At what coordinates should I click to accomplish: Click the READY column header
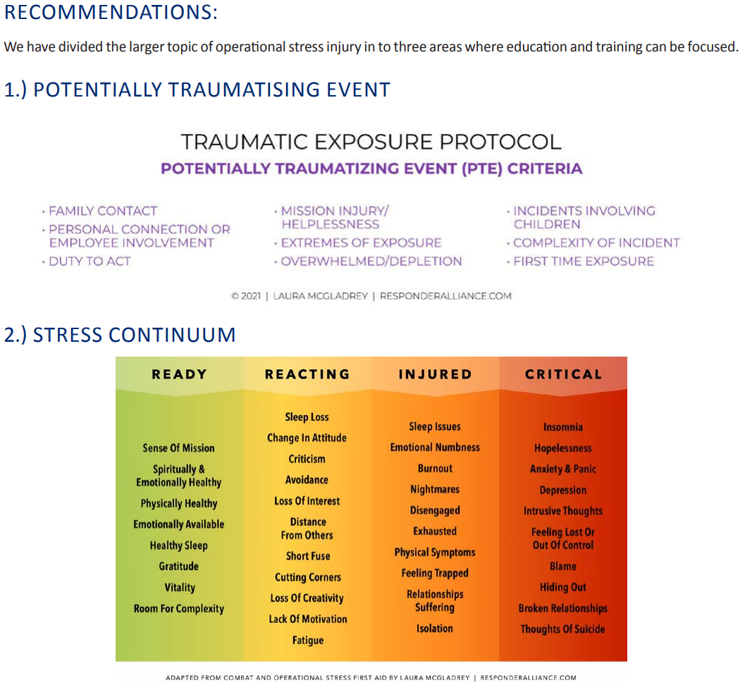tap(179, 374)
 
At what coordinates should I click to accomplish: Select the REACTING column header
tap(307, 374)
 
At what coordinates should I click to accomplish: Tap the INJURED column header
tap(435, 374)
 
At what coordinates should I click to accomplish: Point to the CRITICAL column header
tap(563, 374)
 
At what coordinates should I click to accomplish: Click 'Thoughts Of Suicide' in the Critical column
tap(562, 629)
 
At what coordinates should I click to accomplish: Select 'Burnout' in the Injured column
tap(435, 469)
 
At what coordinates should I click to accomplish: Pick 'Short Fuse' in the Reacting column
tap(308, 556)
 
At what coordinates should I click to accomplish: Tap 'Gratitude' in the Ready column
tap(178, 566)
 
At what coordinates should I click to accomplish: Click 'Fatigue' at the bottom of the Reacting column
tap(308, 641)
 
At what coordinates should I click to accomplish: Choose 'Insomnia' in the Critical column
tap(563, 427)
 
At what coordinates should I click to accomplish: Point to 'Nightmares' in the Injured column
tap(435, 489)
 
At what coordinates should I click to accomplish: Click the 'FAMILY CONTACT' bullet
tap(99, 211)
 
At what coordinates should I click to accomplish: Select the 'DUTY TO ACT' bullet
tap(86, 261)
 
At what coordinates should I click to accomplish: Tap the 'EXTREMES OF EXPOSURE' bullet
tap(358, 242)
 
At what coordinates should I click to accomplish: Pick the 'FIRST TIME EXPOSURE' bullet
tap(580, 261)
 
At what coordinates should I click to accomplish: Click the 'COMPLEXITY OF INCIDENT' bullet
tap(593, 242)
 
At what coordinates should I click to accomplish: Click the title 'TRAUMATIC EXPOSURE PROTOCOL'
tap(371, 142)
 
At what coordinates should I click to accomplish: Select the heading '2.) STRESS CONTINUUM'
tap(120, 335)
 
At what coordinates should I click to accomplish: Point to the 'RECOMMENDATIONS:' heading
tap(111, 12)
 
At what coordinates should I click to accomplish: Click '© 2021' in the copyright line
tap(246, 296)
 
